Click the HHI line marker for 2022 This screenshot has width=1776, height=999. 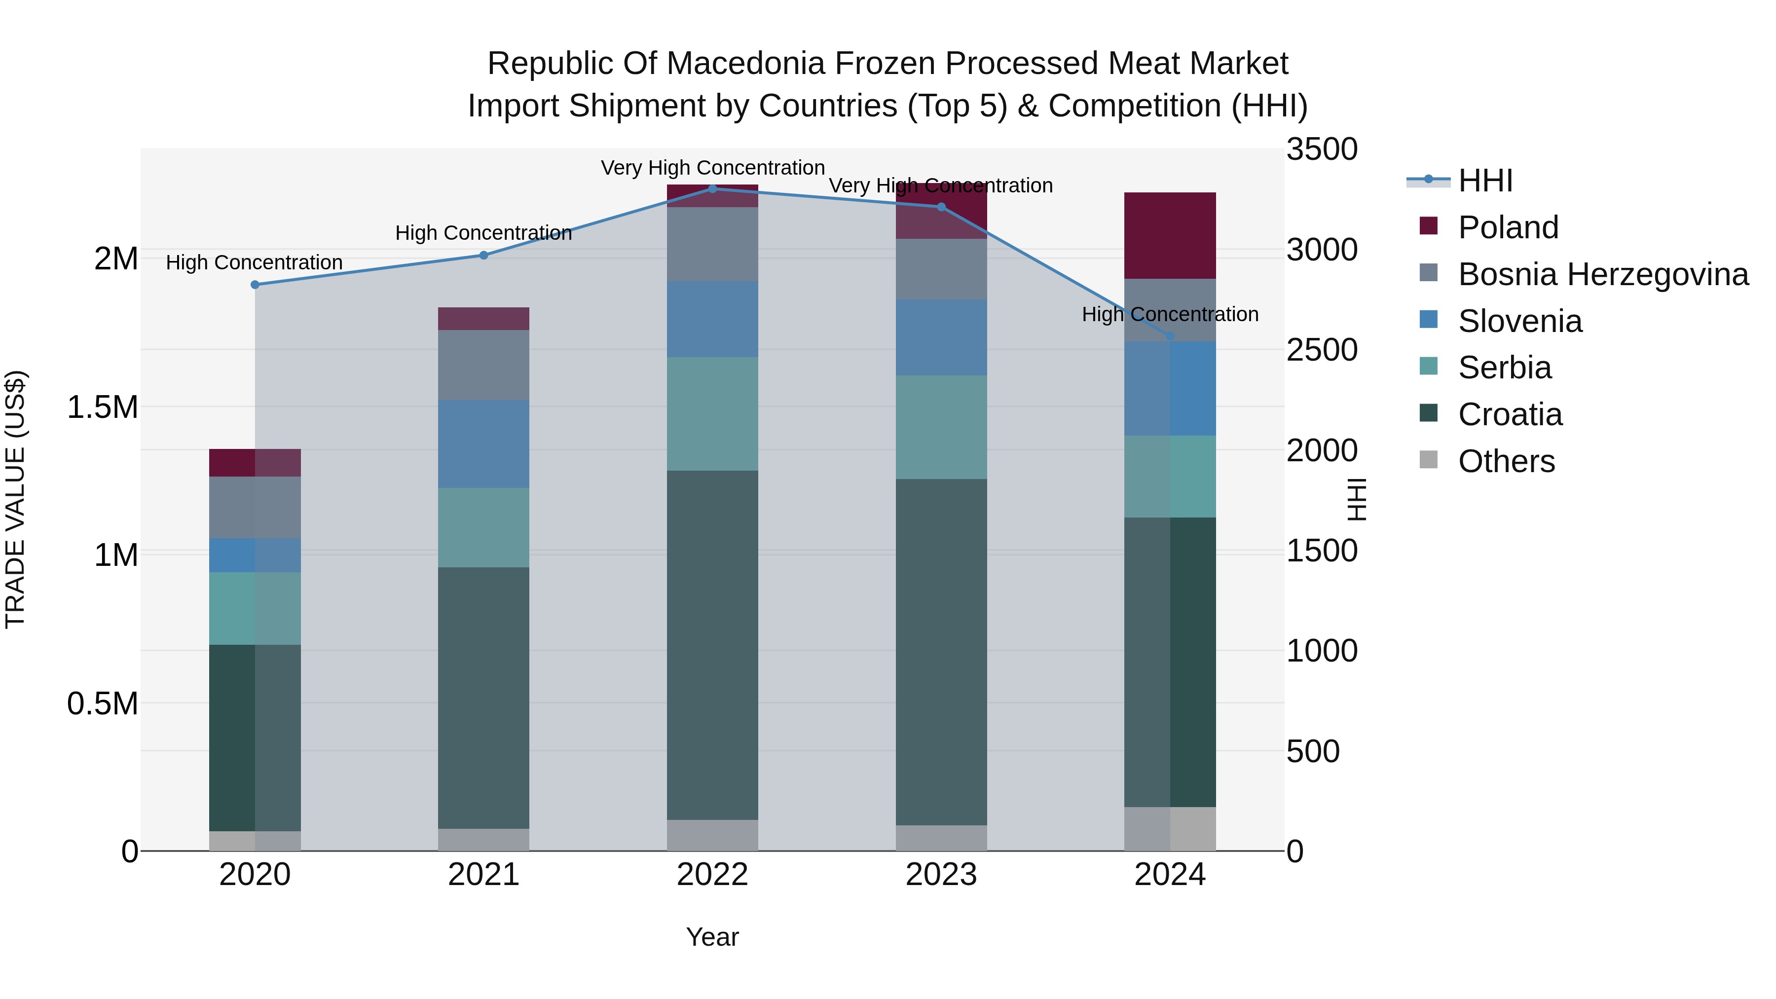point(712,189)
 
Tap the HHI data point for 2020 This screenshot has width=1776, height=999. point(255,285)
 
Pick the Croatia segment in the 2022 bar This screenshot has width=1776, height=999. point(712,645)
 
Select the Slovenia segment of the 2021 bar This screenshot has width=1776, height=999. point(483,444)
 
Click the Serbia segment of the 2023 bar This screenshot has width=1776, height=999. point(941,427)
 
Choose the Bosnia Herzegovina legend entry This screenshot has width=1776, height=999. point(1603,274)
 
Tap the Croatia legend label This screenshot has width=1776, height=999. point(1510,414)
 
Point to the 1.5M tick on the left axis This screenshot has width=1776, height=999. point(102,407)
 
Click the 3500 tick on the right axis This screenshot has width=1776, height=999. point(1322,149)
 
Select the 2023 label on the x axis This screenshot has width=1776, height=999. point(941,875)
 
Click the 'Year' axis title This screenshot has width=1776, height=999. point(712,937)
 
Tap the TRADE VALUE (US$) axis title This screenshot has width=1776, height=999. point(15,499)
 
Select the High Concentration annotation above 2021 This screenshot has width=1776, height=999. point(483,233)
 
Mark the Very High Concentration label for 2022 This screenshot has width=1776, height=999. point(712,168)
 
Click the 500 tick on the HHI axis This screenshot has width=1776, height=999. point(1313,751)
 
